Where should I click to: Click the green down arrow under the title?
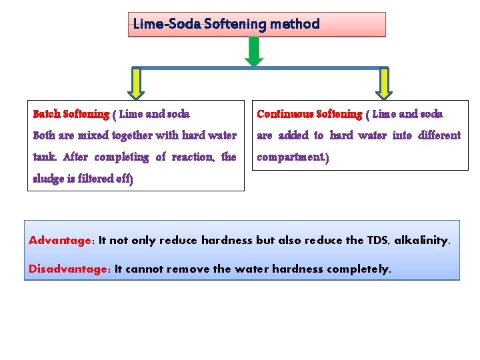(254, 51)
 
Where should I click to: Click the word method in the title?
(295, 25)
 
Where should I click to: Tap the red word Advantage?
(60, 240)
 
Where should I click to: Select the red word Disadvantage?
(67, 269)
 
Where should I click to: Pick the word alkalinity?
(422, 240)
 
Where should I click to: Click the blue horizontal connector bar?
(259, 67)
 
